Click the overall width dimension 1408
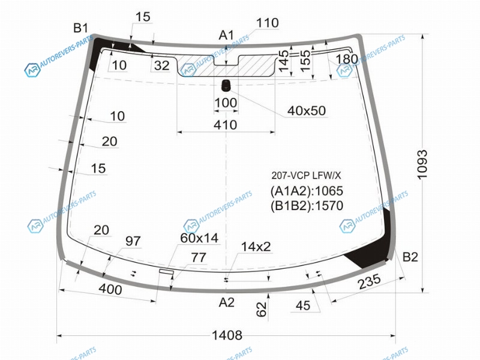[x=227, y=335]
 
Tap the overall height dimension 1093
[x=422, y=164]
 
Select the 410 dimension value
[x=226, y=125]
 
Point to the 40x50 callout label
[x=307, y=110]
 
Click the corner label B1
[x=80, y=28]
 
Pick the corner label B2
[x=410, y=257]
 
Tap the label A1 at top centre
[x=226, y=35]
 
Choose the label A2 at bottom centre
[x=227, y=302]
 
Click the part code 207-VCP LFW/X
[x=306, y=175]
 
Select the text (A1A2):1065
[x=307, y=191]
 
